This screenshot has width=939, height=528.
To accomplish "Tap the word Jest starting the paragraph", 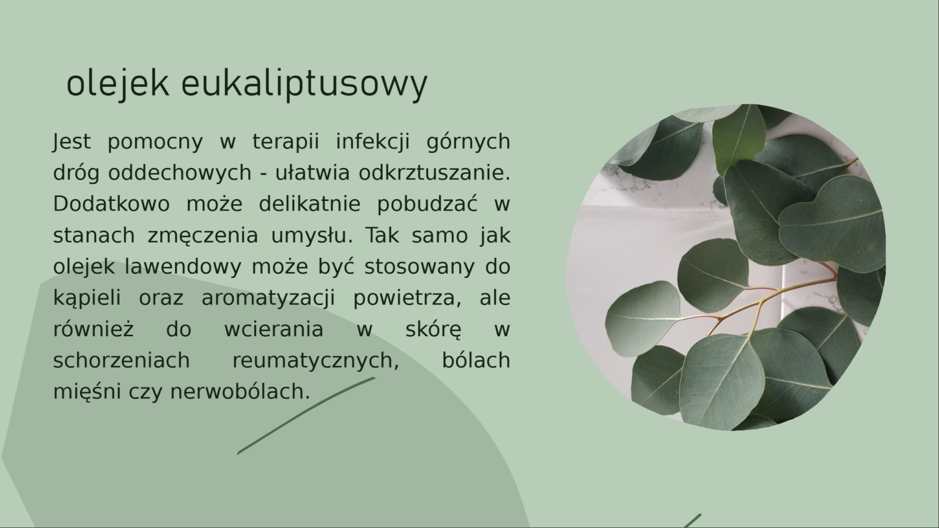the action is coord(72,142).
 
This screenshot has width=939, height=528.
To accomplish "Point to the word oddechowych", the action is coord(180,172).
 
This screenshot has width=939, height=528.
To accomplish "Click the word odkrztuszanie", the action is coord(434,172).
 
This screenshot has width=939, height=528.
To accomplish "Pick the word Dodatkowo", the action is coord(111,204).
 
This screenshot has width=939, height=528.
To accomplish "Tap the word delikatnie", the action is coord(310,204).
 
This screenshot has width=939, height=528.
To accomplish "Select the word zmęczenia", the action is coord(203,236).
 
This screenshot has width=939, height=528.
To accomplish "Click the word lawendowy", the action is coord(183,266).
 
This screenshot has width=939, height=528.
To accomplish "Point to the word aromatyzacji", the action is coord(268,298).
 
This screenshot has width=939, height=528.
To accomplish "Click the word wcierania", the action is coord(274,329).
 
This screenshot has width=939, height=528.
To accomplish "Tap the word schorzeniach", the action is coord(122,361).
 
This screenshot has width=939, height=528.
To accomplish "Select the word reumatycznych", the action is coord(315,361).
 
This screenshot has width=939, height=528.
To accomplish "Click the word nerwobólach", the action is coord(240,391).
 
